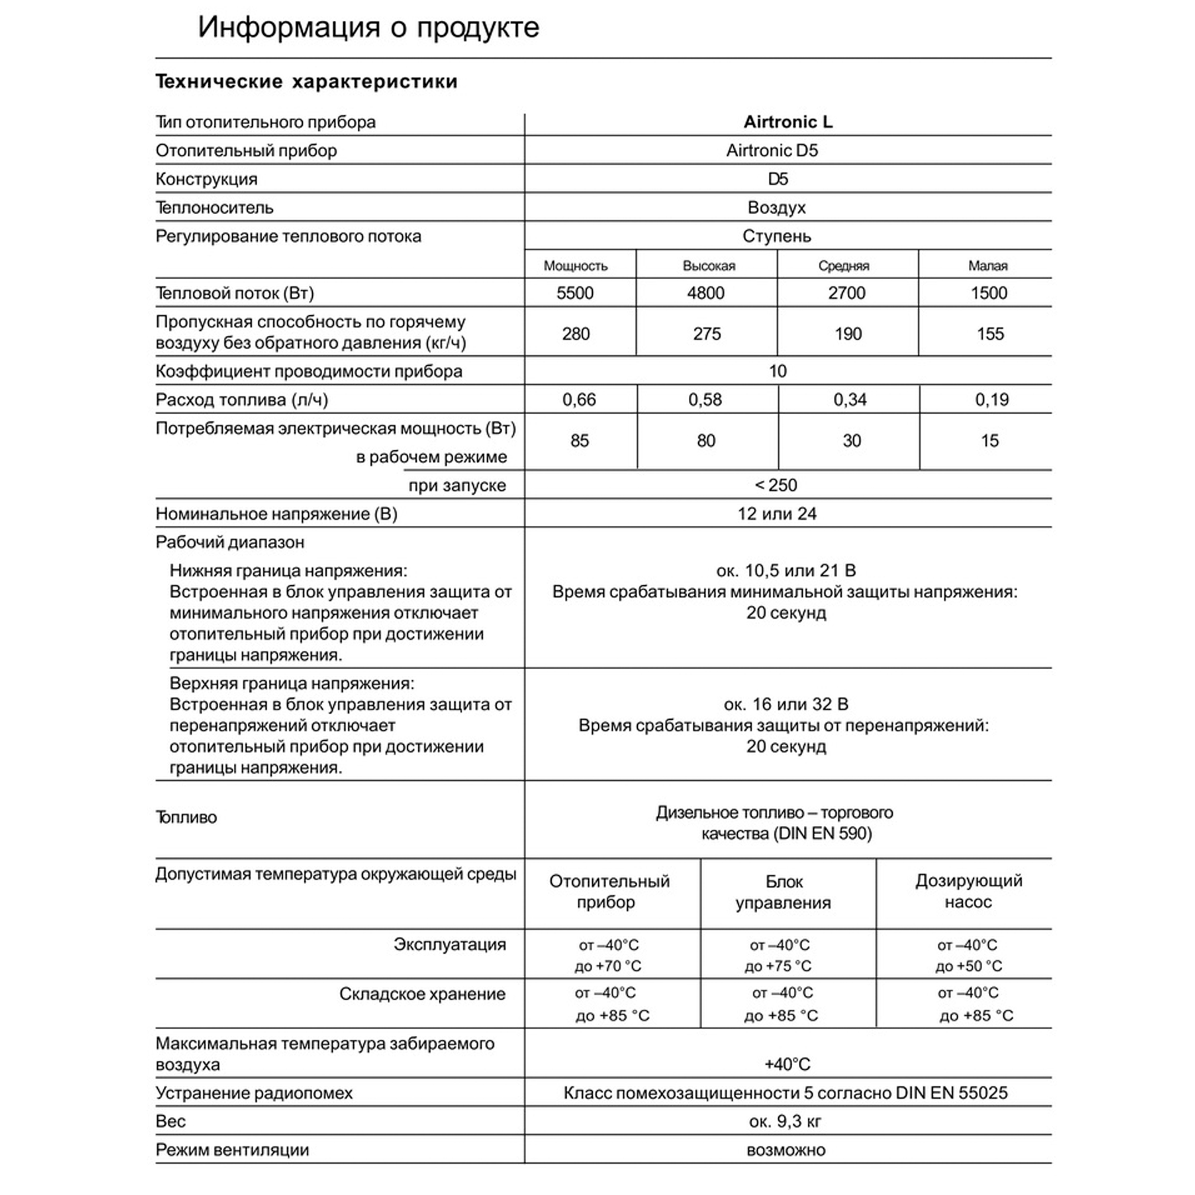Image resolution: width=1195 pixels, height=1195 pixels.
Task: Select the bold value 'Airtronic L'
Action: [788, 122]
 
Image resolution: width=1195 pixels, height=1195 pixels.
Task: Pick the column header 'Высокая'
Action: [708, 266]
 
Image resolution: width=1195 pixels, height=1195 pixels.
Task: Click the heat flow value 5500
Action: [575, 293]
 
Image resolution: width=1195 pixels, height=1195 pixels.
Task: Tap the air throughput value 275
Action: [706, 334]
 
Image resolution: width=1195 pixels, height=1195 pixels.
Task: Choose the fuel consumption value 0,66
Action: [578, 400]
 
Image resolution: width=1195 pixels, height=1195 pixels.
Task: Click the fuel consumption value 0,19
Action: [991, 400]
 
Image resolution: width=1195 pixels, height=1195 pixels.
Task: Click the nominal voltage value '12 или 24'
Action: [776, 514]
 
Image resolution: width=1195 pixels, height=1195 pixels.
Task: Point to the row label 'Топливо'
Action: [186, 818]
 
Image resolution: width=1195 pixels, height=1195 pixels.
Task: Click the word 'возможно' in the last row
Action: [786, 1150]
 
